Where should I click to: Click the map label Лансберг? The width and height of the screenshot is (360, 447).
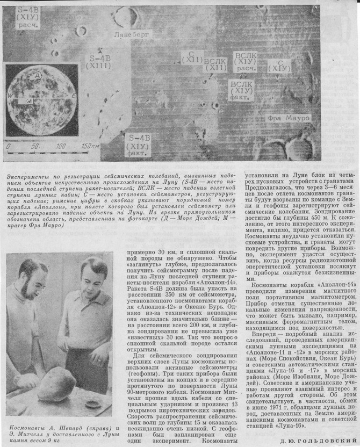tap(131, 35)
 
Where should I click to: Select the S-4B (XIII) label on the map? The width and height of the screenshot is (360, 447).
tap(99, 61)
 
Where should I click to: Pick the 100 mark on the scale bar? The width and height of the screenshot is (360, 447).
tap(60, 146)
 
